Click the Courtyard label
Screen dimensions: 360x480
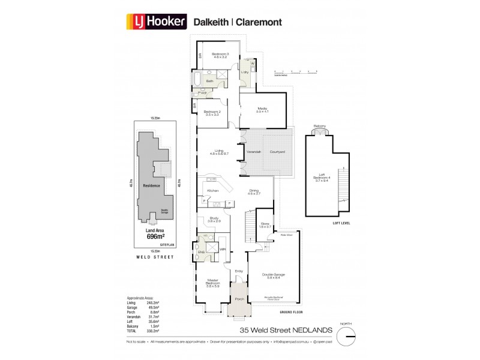pyautogui.click(x=277, y=152)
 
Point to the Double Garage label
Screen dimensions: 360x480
pyautogui.click(x=273, y=275)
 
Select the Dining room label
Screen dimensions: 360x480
pyautogui.click(x=255, y=192)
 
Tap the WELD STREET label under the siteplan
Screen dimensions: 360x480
pyautogui.click(x=155, y=257)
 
